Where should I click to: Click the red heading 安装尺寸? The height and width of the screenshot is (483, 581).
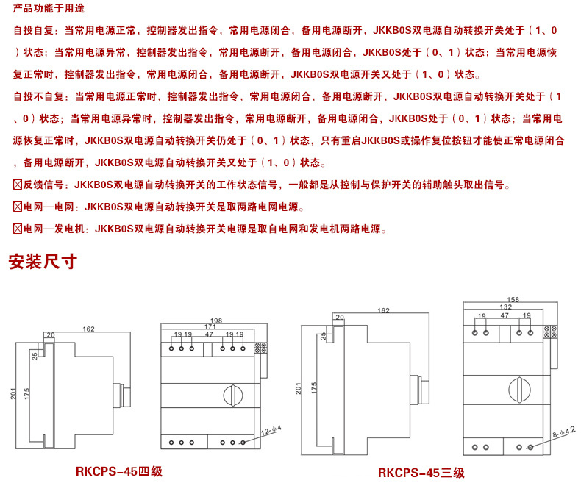coord(42,262)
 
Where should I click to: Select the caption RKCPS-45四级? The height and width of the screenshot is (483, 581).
coord(118,471)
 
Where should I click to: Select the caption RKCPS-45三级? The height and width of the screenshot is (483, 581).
coord(421,473)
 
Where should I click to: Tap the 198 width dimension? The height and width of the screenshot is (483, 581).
coord(215,321)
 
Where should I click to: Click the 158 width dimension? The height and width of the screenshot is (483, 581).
coord(513,299)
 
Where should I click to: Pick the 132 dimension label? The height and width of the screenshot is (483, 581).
coord(505,307)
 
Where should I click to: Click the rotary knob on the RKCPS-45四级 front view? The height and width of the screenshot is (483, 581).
coord(235,395)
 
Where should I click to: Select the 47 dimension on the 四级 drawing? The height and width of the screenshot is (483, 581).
coord(210,334)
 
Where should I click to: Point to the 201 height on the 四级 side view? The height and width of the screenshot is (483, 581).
coord(13,394)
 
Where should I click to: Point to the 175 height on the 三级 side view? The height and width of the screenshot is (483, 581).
coord(314,387)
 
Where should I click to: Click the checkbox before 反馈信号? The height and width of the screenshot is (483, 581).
coord(19,185)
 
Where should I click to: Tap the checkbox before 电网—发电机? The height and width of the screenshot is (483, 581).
coord(19,229)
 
